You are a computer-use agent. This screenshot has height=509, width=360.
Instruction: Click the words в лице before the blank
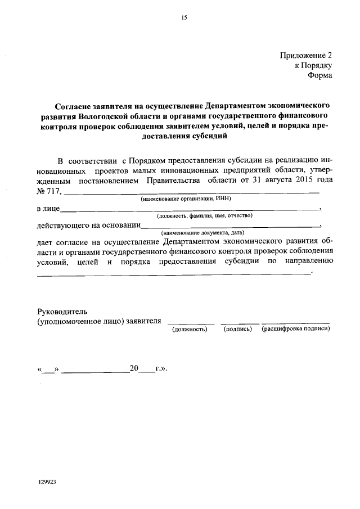point(47,209)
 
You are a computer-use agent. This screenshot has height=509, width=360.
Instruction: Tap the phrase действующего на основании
point(88,226)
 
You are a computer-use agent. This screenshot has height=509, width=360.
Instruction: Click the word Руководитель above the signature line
point(62,311)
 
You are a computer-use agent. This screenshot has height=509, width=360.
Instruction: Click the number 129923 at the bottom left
point(47,482)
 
